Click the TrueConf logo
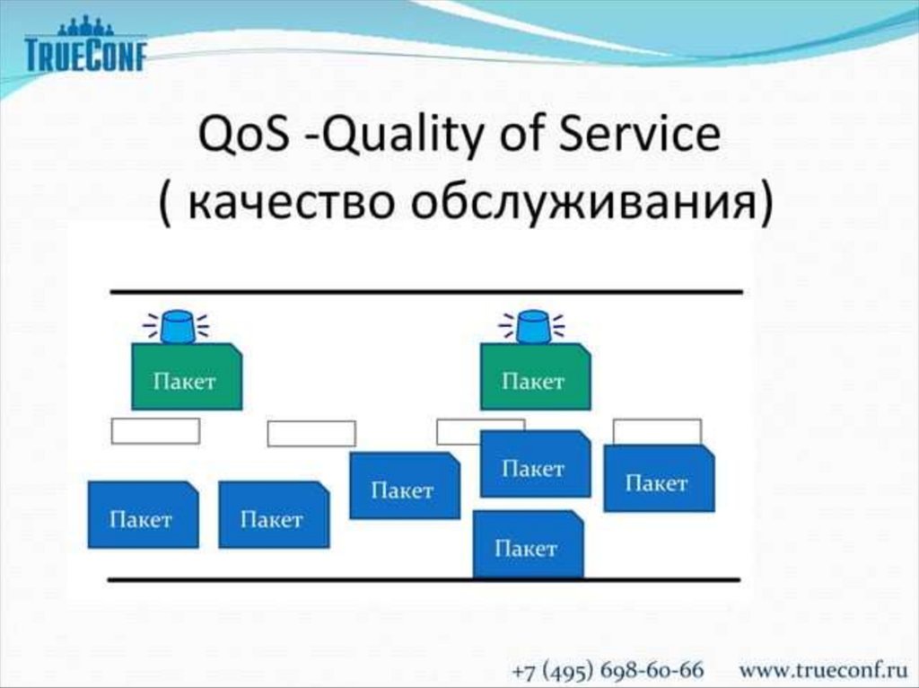pos(85,44)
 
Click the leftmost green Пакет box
pos(187,376)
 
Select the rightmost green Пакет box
pos(535,376)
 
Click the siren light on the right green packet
pos(532,327)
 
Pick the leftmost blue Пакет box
pos(143,515)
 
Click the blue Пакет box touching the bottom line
pos(528,543)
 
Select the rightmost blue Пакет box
pos(659,478)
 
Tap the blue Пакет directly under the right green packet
pos(535,463)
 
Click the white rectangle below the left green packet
pos(155,431)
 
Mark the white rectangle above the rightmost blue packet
pos(657,432)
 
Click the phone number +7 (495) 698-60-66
pos(608,670)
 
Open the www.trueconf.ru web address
pos(823,670)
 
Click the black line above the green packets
pos(426,291)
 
